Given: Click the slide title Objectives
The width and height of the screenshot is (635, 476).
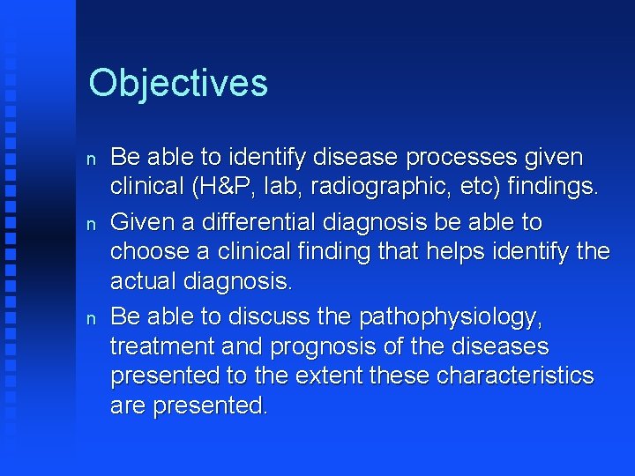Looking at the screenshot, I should pyautogui.click(x=178, y=83).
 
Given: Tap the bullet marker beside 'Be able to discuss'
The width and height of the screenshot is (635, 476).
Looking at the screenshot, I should pyautogui.click(x=92, y=316).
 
